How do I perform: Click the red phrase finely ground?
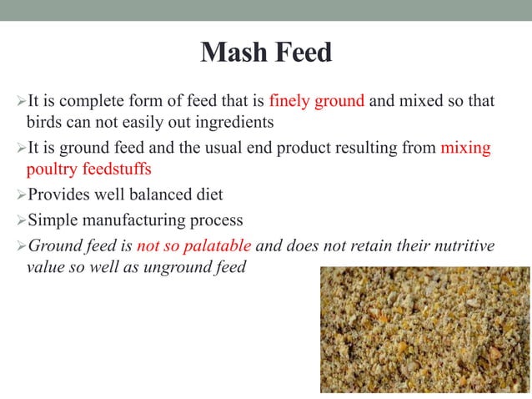click(317, 102)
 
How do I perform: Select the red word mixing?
click(465, 149)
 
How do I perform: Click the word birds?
click(44, 123)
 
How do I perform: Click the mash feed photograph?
click(424, 329)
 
